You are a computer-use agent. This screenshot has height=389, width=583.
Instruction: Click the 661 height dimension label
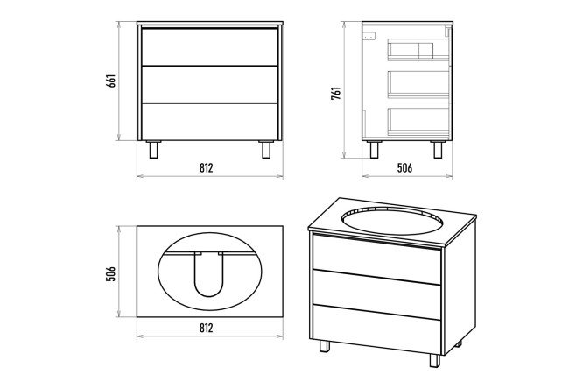(111, 81)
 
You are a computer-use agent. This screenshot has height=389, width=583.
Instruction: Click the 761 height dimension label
(336, 94)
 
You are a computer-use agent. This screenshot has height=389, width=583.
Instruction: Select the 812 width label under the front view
(207, 168)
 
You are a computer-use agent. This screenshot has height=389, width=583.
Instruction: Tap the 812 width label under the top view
(207, 328)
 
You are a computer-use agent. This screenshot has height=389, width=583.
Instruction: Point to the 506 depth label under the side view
(404, 168)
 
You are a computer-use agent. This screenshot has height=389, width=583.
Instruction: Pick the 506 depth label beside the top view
(111, 273)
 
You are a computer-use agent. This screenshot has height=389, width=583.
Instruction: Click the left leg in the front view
(153, 150)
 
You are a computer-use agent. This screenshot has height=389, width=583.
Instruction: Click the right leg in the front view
(266, 150)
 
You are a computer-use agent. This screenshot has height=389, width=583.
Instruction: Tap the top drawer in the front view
(210, 47)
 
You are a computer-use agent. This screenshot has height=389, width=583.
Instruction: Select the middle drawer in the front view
(210, 84)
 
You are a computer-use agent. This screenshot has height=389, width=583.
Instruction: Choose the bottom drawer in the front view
(210, 122)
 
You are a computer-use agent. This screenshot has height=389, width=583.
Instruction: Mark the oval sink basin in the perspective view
(393, 221)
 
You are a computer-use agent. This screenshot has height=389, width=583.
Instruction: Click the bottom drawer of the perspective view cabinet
(377, 329)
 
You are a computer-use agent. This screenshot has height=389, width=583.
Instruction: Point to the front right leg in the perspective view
(435, 360)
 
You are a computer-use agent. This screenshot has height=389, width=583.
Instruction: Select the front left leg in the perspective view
(324, 346)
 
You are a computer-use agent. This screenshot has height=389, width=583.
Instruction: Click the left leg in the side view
(374, 150)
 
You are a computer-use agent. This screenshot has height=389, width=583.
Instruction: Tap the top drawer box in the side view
(418, 49)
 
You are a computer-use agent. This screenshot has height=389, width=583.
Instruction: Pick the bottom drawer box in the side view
(418, 122)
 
